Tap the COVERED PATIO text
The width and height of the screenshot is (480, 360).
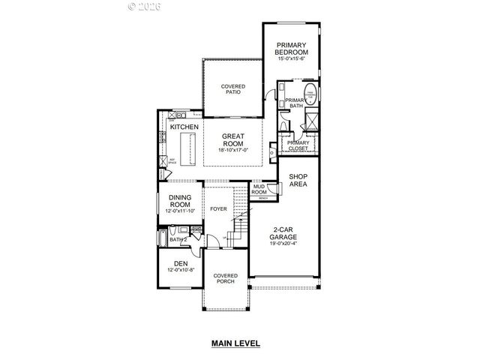point(232,90)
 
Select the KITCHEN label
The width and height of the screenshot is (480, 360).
point(184,127)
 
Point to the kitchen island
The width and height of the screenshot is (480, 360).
point(193,145)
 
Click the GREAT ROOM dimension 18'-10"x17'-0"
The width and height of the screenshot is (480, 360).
point(234,150)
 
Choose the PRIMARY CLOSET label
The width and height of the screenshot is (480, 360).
point(298,145)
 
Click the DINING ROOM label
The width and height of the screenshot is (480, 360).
point(180,200)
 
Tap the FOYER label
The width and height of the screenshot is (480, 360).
point(218,209)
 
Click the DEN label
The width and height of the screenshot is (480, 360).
point(180,263)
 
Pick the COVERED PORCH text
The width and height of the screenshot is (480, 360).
point(225,278)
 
